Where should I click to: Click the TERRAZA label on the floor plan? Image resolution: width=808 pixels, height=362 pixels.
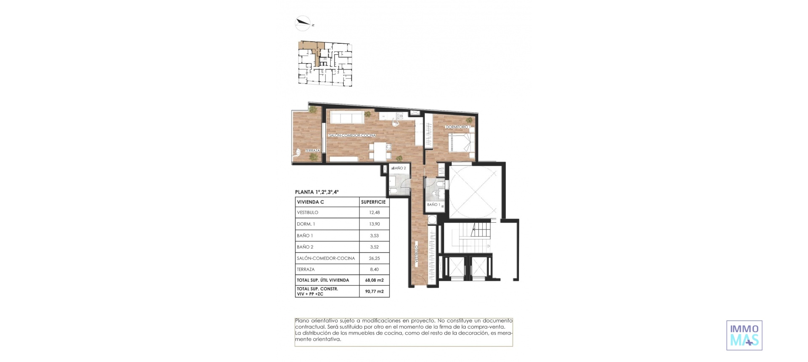(313, 150)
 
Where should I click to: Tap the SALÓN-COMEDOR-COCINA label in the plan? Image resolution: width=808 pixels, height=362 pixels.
(352, 136)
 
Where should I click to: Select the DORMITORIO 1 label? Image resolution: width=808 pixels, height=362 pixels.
(458, 127)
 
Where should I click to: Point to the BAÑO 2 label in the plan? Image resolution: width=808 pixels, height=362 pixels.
(399, 168)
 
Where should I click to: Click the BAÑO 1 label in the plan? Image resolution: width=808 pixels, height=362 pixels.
(433, 205)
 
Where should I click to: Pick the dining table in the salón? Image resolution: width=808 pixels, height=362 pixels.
(85, 152)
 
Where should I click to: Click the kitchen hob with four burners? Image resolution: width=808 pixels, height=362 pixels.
(400, 116)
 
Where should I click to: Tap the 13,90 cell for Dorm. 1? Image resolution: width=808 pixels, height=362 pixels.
(374, 224)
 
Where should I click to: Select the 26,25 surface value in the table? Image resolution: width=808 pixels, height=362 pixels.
(374, 258)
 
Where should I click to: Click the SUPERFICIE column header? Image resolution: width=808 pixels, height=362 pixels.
(373, 202)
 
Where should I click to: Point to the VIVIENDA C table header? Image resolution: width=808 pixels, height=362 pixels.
(311, 202)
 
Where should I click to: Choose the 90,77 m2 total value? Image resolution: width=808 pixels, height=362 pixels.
(374, 291)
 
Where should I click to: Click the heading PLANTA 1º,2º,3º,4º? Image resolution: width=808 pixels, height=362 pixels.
(317, 192)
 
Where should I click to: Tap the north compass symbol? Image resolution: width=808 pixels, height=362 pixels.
(303, 24)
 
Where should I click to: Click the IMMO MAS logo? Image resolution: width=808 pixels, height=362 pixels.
(744, 335)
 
